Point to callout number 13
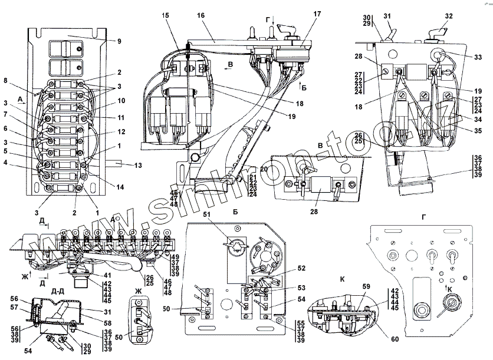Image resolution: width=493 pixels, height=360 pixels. (138, 166)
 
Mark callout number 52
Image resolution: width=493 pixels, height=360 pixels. (302, 268)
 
